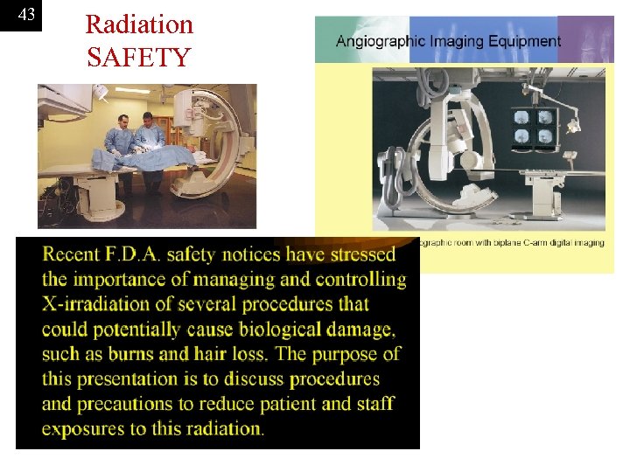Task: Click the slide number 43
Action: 26,15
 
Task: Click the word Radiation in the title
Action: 139,24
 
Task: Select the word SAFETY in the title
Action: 138,58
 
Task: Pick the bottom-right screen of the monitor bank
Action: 544,136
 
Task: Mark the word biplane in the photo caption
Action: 488,242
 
